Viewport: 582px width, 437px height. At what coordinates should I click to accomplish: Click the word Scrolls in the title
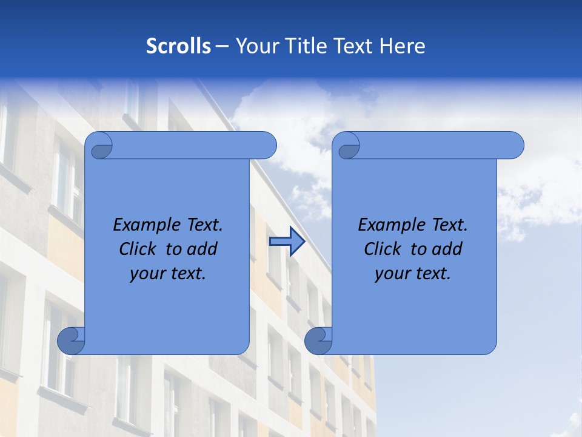[179, 46]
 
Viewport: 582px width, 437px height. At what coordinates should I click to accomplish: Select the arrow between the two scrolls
[287, 242]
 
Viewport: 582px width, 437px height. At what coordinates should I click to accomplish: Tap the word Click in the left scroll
[139, 249]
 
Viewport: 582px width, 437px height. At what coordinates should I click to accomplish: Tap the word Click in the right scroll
[384, 249]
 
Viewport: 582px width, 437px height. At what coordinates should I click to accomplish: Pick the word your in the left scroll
[147, 274]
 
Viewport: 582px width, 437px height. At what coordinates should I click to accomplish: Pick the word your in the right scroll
[392, 274]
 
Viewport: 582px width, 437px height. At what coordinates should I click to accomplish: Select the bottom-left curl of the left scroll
[71, 340]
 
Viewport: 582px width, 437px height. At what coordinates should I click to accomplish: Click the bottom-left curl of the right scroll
[318, 340]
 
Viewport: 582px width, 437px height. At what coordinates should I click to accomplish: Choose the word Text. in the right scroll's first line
[449, 225]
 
